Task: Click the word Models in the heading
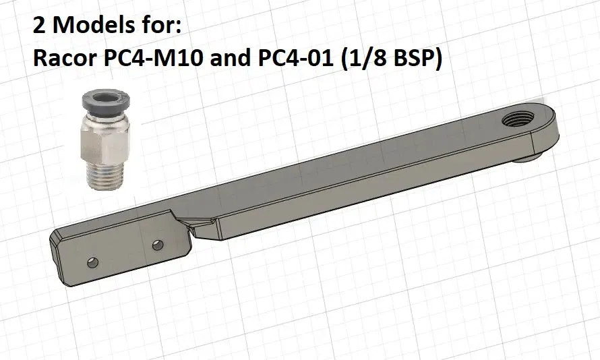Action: click(x=90, y=26)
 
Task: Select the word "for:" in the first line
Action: click(x=160, y=26)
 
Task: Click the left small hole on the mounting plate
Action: click(x=92, y=260)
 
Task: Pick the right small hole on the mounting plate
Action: click(x=157, y=243)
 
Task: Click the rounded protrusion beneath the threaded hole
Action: click(x=529, y=158)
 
